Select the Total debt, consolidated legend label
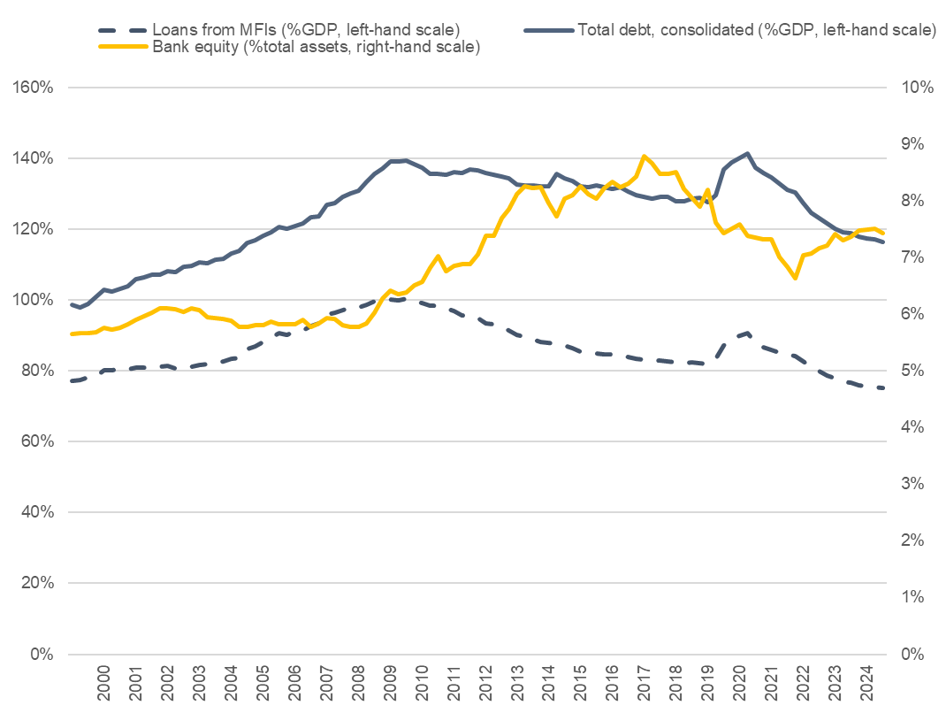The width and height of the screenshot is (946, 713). click(x=756, y=29)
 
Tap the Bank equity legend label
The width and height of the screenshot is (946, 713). click(x=317, y=47)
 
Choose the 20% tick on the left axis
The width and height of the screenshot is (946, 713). click(x=34, y=583)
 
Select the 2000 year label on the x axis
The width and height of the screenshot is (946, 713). click(x=103, y=683)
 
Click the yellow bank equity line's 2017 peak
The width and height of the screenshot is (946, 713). click(x=644, y=156)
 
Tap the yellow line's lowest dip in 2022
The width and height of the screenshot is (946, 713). click(x=795, y=278)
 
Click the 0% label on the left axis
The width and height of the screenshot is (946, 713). click(x=38, y=654)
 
